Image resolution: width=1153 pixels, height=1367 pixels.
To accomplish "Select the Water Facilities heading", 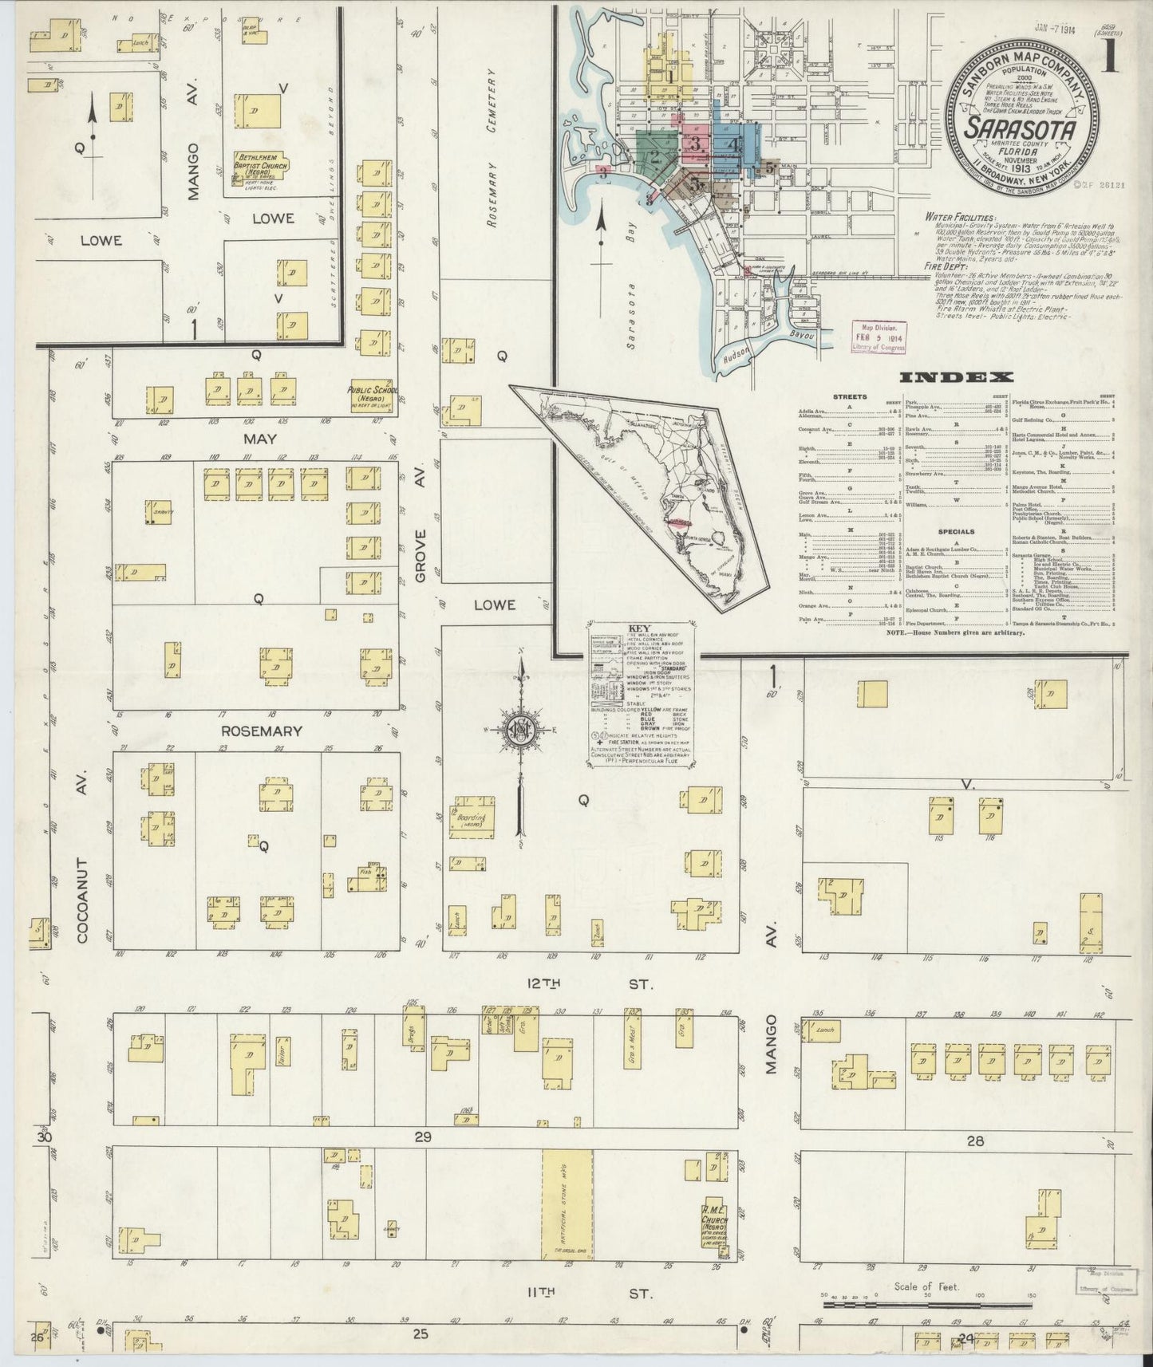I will pos(961,217).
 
